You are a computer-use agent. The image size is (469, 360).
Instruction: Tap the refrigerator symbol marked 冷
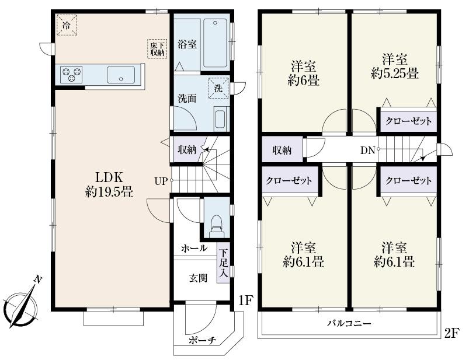pos(67,26)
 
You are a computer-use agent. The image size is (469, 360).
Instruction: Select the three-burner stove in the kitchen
pos(71,74)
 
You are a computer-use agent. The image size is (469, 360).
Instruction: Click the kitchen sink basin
pos(120,74)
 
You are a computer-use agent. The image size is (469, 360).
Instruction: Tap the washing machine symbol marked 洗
pos(217,88)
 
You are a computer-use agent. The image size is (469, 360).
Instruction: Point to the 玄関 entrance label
pos(197,278)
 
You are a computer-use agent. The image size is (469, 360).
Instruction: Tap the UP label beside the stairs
pos(161,181)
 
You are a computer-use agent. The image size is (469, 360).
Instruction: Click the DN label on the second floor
pos(367,149)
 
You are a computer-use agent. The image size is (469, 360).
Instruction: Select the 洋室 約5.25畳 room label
pos(395,66)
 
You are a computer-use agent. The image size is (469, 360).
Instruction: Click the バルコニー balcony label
pos(349,323)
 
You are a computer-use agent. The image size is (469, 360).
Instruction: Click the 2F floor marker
pos(451,333)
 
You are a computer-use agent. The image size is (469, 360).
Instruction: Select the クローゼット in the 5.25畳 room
pos(408,121)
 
